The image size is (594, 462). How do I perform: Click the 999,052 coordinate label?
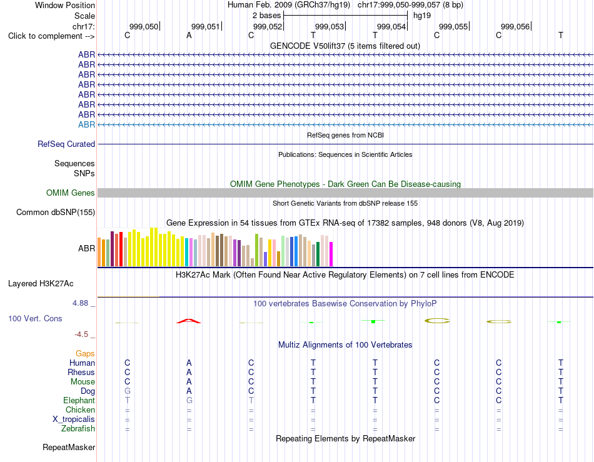pos(268,26)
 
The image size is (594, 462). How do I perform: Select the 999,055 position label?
pos(453,26)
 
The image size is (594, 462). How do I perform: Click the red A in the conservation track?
pos(189,321)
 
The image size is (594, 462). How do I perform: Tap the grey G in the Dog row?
pos(128,391)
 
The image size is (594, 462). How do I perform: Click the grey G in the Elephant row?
pos(189,400)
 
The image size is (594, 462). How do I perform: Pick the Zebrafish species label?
pos(78,429)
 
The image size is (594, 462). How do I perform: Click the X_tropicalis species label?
pos(74,419)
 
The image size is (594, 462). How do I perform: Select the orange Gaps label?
pos(85,353)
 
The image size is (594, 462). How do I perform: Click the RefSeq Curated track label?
pos(66,144)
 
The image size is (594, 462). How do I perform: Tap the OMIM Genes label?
pos(71,193)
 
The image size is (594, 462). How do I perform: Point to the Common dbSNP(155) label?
pos(56,212)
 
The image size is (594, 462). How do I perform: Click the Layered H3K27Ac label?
pos(41,284)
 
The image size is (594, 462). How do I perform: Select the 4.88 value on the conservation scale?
pos(80,303)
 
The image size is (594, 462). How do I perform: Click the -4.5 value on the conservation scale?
pos(81,334)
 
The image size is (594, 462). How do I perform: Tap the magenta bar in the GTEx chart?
pos(331,254)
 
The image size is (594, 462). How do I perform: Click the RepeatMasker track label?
pos(69,447)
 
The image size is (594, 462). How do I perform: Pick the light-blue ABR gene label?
pos(87,124)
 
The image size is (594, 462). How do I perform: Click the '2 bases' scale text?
pos(267,16)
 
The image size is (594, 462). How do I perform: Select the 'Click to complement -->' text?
pos(51,36)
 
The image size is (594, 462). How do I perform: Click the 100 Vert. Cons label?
pos(35,318)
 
